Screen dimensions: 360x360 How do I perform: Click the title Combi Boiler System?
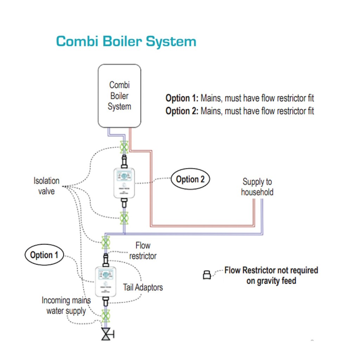(x=126, y=41)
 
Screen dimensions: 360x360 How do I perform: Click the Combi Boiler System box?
(x=120, y=95)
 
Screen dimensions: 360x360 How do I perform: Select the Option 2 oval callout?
(x=190, y=179)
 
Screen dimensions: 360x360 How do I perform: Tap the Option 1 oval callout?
(x=44, y=255)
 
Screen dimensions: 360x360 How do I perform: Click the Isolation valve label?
(x=46, y=186)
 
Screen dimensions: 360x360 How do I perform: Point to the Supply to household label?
(x=257, y=187)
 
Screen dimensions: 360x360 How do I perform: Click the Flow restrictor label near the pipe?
(x=143, y=251)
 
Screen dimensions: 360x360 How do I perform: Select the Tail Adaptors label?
(x=143, y=287)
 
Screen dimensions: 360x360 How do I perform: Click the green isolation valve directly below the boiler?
(x=124, y=147)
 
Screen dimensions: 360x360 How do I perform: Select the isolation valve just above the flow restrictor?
(x=105, y=242)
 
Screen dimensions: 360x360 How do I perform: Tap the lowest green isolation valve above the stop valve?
(x=105, y=316)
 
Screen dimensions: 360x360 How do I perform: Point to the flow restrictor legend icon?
(x=207, y=275)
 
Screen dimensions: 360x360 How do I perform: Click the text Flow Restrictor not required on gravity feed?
(x=271, y=275)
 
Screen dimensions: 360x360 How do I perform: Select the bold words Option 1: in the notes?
(x=182, y=98)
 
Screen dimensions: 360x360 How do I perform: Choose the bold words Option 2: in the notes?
(x=182, y=111)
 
